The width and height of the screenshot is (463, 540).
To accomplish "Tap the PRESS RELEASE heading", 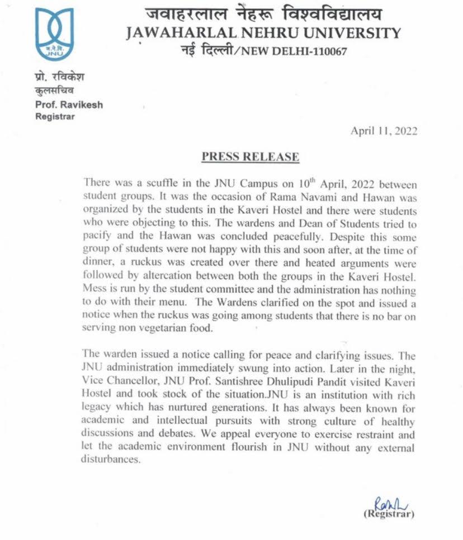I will (250, 157).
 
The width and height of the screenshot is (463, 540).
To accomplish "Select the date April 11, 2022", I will (384, 131).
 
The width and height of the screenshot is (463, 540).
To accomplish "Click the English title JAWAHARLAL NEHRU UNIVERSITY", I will (263, 33).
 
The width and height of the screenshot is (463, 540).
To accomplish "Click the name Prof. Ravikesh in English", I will (69, 104).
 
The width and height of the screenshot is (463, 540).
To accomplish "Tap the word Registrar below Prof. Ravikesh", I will (55, 116).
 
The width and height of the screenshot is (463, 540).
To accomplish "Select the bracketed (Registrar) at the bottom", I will (389, 514).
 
